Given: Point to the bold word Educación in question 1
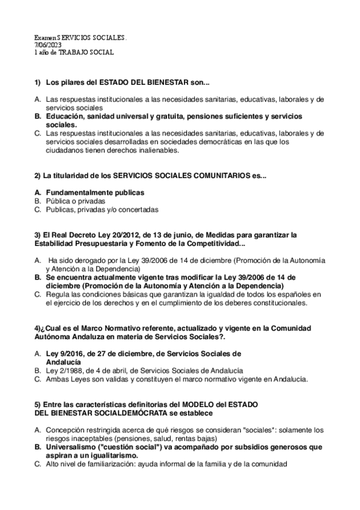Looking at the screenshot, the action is click(x=64, y=115).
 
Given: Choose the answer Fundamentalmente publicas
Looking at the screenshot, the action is click(x=95, y=192).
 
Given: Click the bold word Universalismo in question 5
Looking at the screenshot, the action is click(x=70, y=447).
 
